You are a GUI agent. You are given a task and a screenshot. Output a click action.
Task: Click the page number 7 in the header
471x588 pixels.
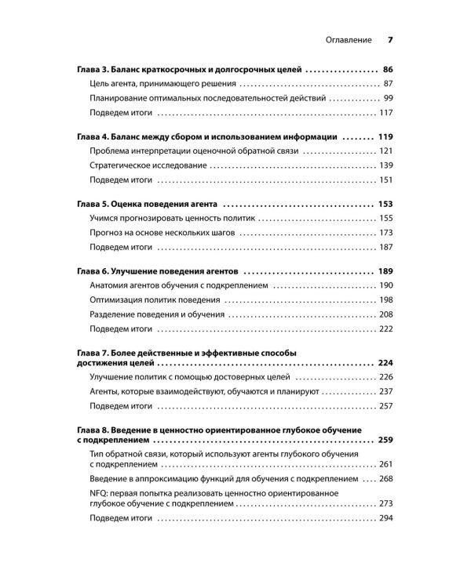(x=390, y=39)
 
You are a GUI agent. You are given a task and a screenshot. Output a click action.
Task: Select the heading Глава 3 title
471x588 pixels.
(x=189, y=69)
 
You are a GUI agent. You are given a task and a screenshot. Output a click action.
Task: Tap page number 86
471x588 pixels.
(x=385, y=69)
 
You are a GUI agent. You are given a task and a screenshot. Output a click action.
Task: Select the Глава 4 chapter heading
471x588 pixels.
(x=207, y=136)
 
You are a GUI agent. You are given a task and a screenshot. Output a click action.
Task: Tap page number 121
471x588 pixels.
(x=385, y=151)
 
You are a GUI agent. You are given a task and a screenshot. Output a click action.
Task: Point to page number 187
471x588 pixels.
(x=385, y=247)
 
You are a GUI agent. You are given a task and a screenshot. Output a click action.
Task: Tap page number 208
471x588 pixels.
(x=385, y=314)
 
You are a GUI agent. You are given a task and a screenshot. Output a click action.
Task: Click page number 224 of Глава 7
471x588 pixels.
(x=385, y=365)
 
